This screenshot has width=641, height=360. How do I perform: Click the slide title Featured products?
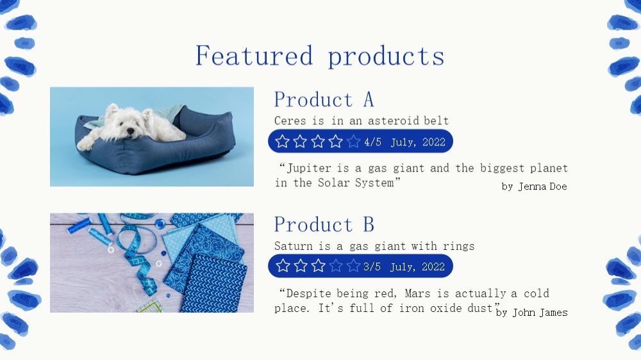pyautogui.click(x=320, y=56)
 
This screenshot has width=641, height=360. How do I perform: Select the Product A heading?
pyautogui.click(x=324, y=99)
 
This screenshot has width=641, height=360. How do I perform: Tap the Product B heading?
pyautogui.click(x=324, y=224)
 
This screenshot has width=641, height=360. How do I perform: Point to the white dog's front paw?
pyautogui.click(x=85, y=144)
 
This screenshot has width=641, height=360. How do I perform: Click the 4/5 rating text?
pyautogui.click(x=372, y=142)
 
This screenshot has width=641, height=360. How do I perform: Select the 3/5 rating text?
pyautogui.click(x=372, y=267)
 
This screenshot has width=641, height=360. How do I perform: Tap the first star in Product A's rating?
pyautogui.click(x=283, y=142)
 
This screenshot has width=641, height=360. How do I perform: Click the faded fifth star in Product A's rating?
pyautogui.click(x=353, y=142)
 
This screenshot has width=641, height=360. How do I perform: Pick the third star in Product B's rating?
pyautogui.click(x=318, y=266)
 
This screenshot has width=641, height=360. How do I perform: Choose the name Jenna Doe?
pyautogui.click(x=542, y=186)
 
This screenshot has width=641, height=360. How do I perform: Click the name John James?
pyautogui.click(x=540, y=313)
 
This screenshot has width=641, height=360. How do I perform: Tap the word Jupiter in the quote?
pyautogui.click(x=306, y=168)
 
